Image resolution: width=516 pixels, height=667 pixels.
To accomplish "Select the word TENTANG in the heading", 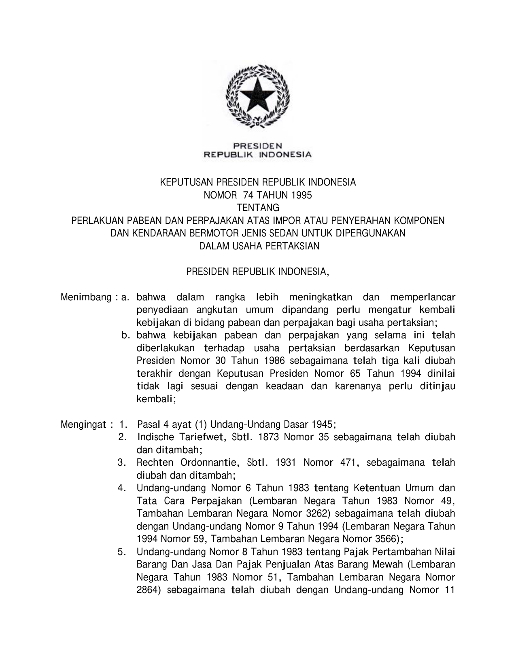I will point(258,208).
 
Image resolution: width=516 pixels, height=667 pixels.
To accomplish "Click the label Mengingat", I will point(84,424).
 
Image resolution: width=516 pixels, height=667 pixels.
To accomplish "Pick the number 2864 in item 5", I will point(148,590).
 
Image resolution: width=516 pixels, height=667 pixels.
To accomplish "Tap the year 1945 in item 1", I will point(323,424).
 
